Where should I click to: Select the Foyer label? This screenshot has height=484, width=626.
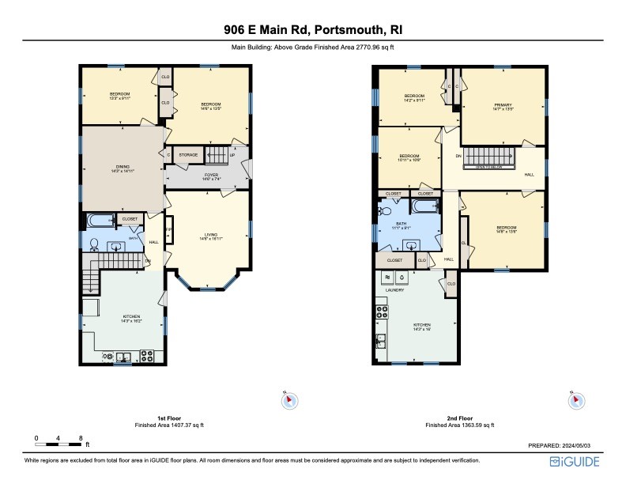[211, 176]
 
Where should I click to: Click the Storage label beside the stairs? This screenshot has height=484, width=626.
[188, 155]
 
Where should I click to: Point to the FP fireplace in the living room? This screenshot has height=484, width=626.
[169, 230]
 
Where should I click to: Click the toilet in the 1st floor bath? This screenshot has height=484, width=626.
[93, 244]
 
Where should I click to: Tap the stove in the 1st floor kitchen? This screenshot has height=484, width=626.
[146, 355]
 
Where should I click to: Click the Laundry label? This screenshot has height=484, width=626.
[394, 290]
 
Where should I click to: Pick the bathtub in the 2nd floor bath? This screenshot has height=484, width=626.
[423, 208]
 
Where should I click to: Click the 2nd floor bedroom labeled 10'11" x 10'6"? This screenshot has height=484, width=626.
[409, 157]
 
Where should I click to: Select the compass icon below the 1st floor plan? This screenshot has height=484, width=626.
[288, 401]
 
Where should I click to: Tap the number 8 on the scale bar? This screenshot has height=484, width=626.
[81, 437]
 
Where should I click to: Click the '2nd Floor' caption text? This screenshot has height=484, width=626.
[460, 418]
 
